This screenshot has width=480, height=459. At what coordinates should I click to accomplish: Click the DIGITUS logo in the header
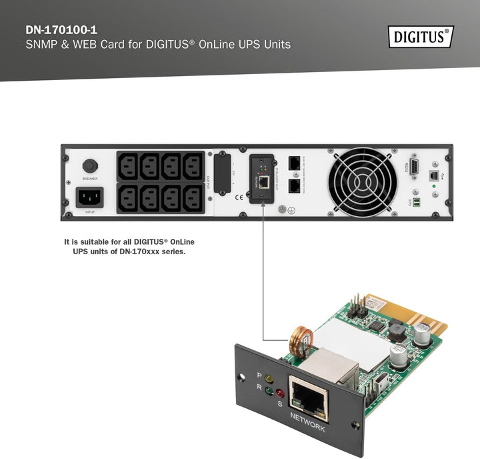[421, 36]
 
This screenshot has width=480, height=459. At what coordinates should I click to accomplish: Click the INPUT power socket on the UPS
[90, 197]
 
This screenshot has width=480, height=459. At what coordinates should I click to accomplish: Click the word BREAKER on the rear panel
[90, 179]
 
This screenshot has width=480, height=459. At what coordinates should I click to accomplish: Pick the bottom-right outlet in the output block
[193, 197]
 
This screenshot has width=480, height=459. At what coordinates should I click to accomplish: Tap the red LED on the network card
[281, 392]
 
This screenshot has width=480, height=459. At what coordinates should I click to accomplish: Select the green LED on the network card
[269, 390]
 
